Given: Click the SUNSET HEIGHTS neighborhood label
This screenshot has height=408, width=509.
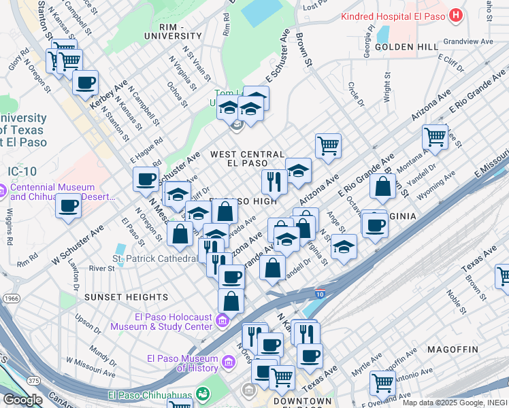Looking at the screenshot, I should pyautogui.click(x=126, y=297).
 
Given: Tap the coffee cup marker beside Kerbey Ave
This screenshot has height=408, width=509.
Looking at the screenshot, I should pyautogui.click(x=86, y=83).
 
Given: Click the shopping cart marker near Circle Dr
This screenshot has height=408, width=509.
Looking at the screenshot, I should pyautogui.click(x=328, y=145).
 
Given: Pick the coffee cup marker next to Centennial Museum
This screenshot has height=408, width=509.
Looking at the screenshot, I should pyautogui.click(x=68, y=205).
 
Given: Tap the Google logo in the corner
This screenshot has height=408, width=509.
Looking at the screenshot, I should pyautogui.click(x=22, y=400).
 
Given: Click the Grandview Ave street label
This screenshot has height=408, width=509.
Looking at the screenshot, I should pyautogui.click(x=467, y=41).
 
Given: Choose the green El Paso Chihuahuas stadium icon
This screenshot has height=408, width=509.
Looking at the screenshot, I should pyautogui.click(x=201, y=393).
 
